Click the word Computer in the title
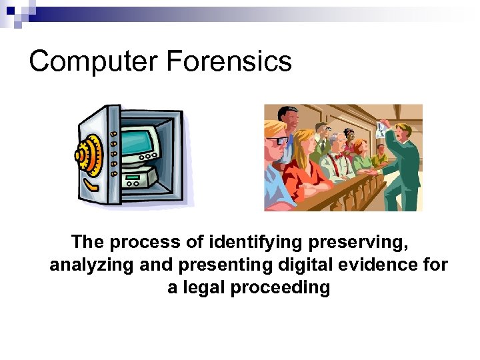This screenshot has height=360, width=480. [x=94, y=62]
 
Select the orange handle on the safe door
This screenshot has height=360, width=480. [x=113, y=153]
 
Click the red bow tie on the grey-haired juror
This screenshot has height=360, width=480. [x=339, y=155]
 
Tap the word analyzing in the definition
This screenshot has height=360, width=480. [x=92, y=265]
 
